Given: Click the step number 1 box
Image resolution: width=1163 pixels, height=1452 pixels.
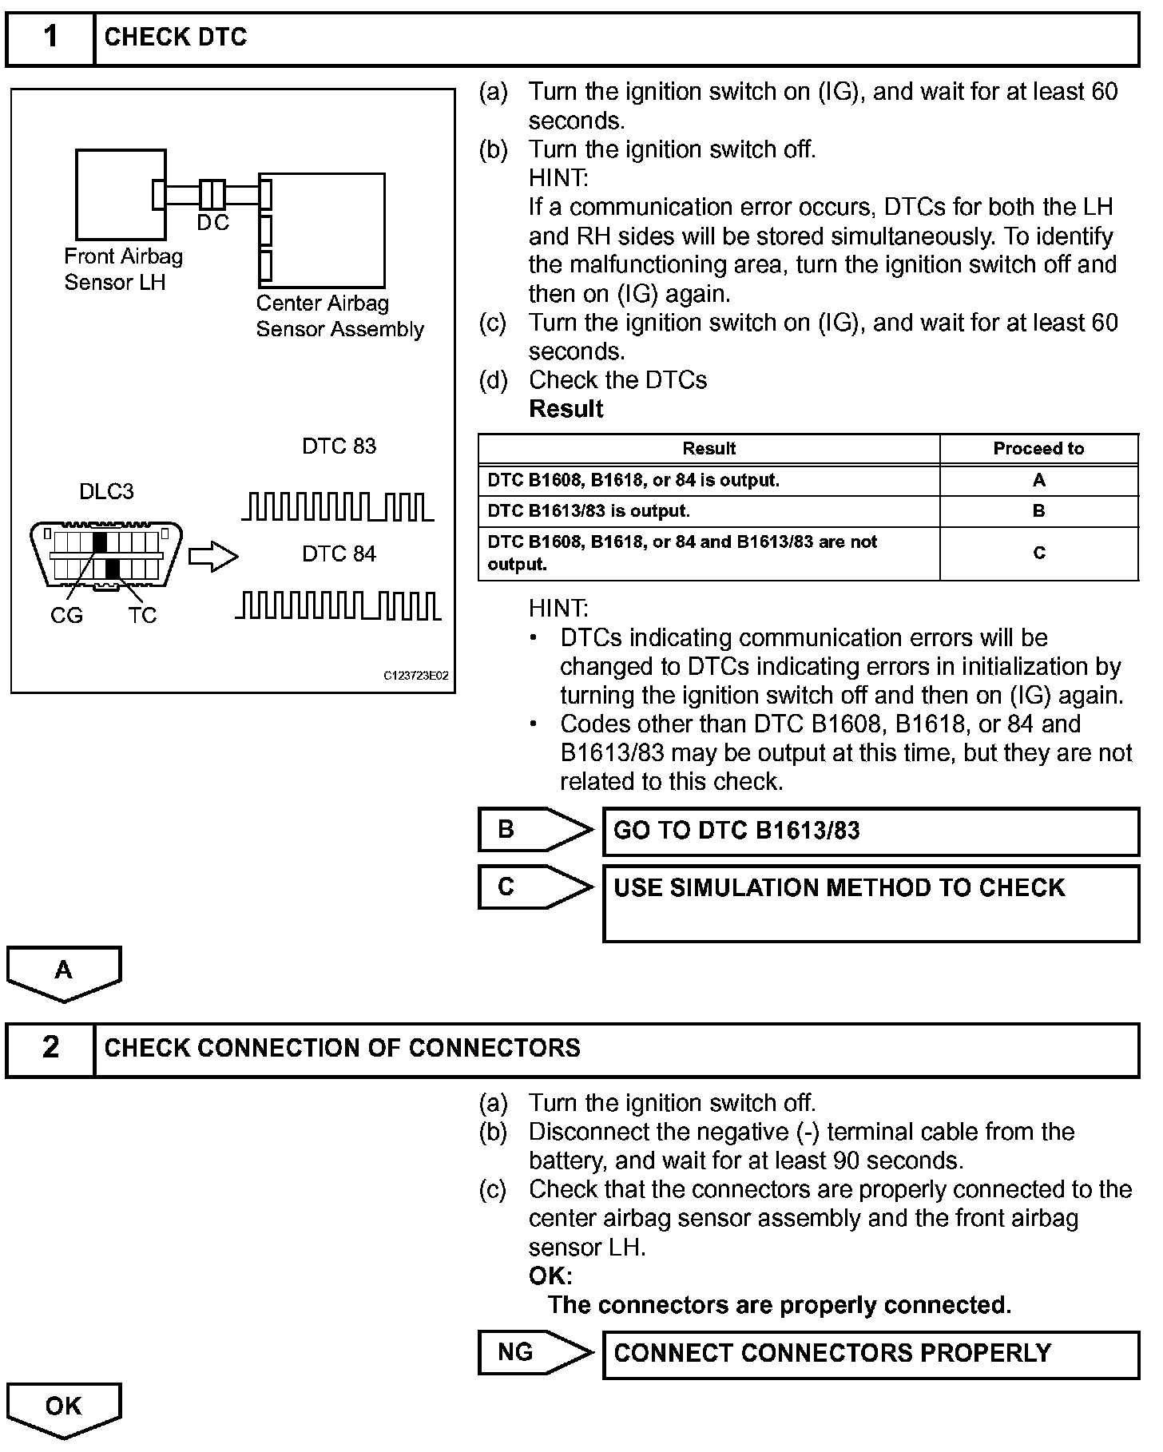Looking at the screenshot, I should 50,38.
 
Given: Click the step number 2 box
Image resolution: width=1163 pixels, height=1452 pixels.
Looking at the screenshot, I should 50,1048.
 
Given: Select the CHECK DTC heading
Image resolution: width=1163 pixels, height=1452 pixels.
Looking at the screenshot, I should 176,38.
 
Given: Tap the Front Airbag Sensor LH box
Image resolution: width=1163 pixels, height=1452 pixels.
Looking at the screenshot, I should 121,194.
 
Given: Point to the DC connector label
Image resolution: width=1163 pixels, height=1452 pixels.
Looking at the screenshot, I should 212,224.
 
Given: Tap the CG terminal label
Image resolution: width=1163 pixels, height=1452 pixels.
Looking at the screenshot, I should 66,616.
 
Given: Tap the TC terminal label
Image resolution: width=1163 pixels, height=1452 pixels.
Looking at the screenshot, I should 142,616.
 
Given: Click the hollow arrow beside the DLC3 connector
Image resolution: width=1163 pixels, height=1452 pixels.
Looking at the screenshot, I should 212,557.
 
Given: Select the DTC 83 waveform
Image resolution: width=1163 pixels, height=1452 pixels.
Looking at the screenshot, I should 338,507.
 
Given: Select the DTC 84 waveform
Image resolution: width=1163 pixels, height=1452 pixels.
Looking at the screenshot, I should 338,605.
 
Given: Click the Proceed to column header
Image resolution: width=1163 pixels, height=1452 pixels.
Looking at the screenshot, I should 1038,449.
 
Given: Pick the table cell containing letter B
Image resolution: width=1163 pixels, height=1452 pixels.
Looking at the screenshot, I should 1038,511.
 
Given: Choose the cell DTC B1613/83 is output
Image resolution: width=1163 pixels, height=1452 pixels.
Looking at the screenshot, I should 709,511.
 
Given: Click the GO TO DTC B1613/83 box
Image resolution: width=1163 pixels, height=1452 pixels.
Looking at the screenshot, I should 871,831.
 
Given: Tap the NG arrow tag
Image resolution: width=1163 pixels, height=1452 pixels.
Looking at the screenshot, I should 533,1352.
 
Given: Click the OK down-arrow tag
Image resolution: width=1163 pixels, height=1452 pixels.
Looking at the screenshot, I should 64,1409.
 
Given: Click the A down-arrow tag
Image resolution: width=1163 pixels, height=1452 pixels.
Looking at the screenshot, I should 64,972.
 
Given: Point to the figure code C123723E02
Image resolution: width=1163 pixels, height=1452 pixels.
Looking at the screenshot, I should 416,676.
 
